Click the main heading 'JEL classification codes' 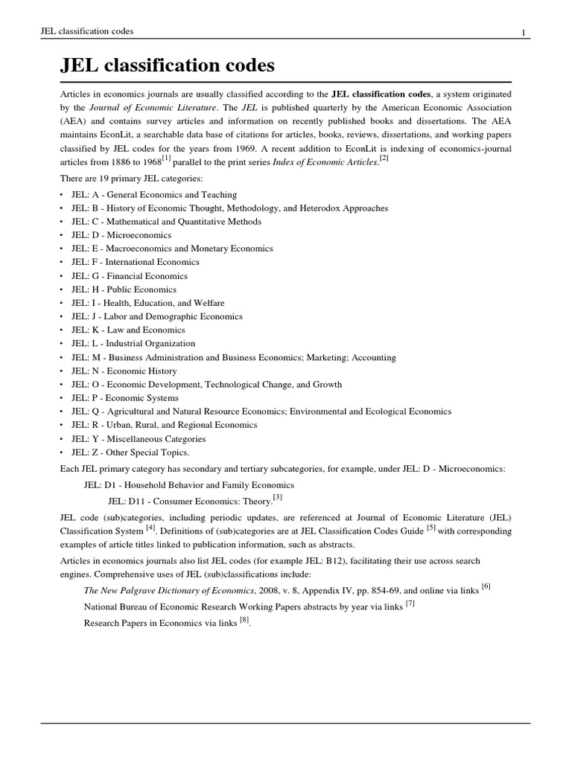167,66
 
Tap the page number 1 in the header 524,31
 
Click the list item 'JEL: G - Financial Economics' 130,276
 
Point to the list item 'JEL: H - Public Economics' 124,289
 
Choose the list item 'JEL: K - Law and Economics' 128,330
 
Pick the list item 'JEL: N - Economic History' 124,371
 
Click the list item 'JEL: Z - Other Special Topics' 130,452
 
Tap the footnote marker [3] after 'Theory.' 277,496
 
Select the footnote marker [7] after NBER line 410,603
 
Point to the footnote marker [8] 244,621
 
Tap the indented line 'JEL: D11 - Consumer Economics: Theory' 189,499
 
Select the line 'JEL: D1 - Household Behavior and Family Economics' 189,484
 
